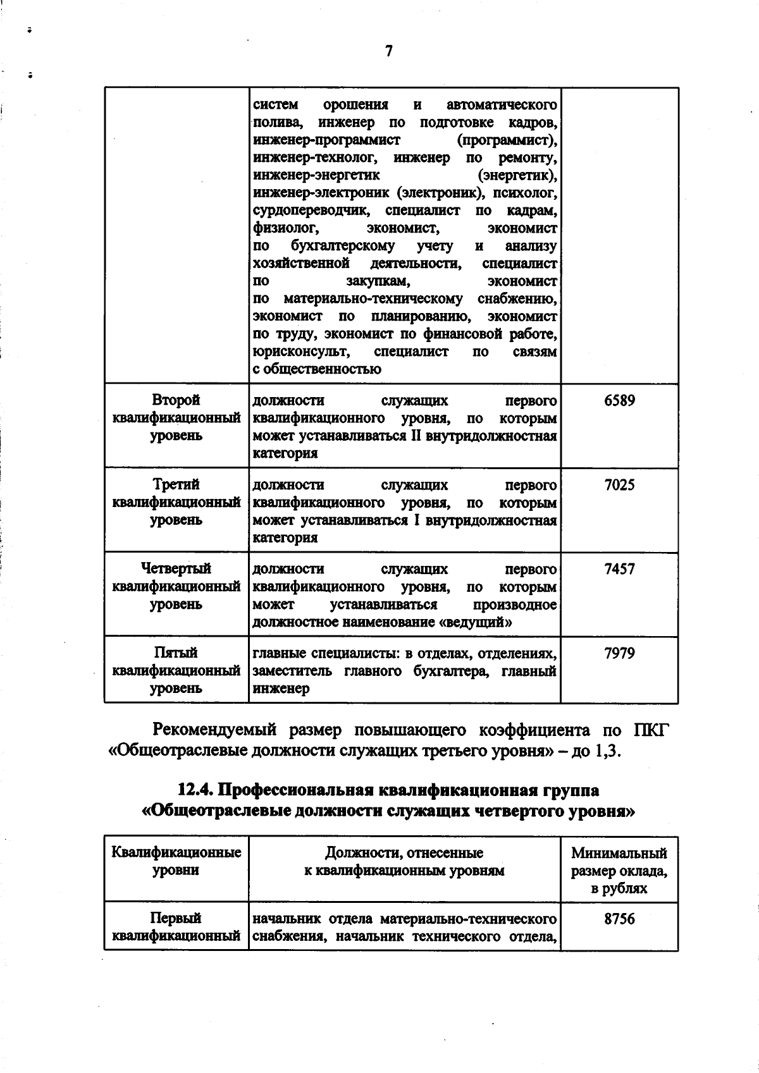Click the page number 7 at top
coord(388,51)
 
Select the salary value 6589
coord(619,401)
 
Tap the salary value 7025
coord(619,485)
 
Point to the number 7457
coord(619,569)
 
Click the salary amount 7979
coord(619,653)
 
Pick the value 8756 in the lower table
coord(619,919)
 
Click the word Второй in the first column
coord(176,400)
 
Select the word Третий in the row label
coord(176,484)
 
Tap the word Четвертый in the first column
coord(176,568)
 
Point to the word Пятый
coord(176,653)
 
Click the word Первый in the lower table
coord(176,918)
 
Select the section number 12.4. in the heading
coord(199,790)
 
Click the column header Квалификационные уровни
coord(176,861)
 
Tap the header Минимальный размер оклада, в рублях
coord(619,871)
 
